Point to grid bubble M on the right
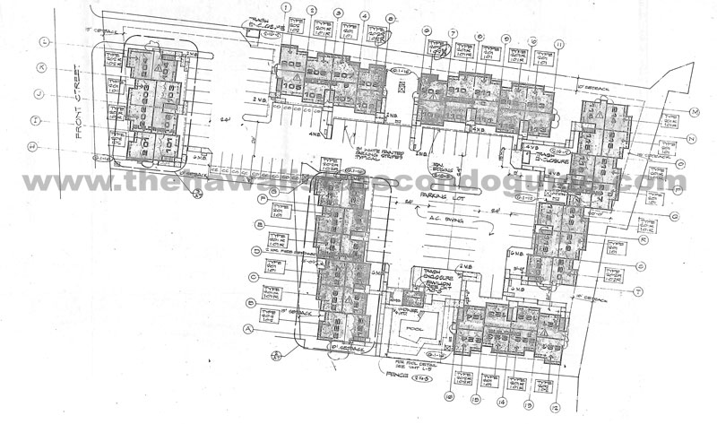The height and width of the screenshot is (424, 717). (x=694, y=112)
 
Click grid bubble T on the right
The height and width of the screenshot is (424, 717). (x=664, y=291)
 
